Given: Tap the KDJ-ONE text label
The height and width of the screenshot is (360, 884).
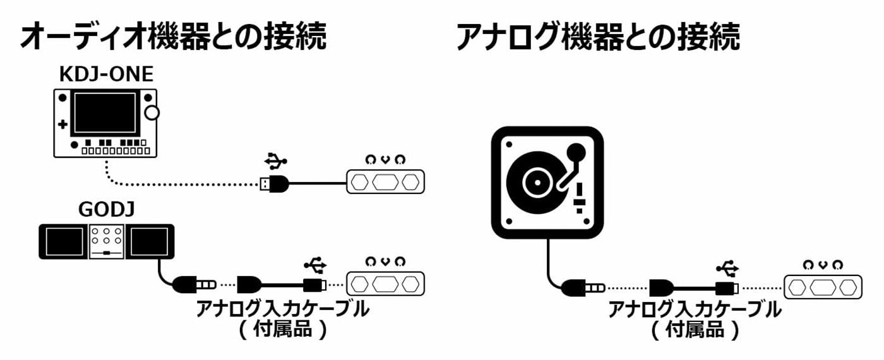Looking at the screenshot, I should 106,75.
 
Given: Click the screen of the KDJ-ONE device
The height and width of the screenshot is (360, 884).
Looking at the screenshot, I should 105,113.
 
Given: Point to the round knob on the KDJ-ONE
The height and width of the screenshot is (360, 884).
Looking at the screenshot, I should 152,114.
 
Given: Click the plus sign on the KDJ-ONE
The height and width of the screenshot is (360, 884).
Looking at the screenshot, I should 63,125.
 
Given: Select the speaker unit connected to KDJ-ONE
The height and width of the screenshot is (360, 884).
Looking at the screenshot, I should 385,183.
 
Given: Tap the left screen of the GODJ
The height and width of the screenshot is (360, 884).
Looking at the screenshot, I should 63,241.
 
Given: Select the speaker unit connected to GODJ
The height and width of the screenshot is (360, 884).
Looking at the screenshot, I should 385,284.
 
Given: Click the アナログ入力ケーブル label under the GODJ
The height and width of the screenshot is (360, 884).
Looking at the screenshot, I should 282,309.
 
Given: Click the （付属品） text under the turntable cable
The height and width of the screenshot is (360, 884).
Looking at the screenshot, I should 695,330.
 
